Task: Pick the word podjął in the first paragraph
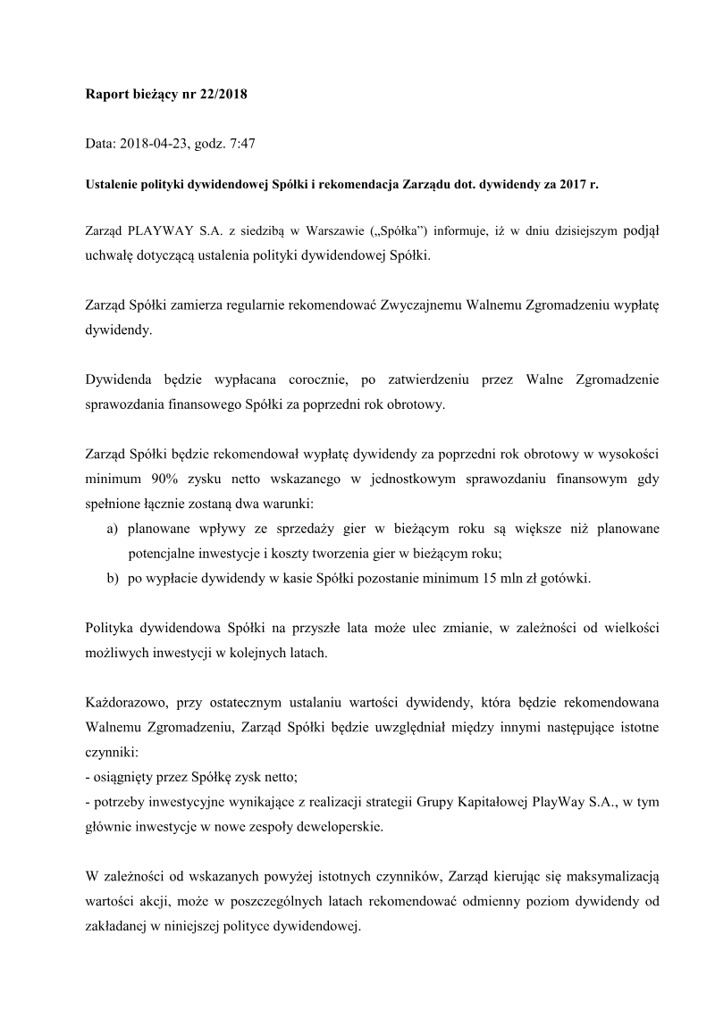pyautogui.click(x=641, y=230)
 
